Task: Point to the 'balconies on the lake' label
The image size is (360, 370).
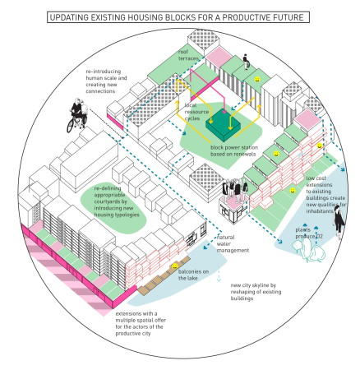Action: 195,276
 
